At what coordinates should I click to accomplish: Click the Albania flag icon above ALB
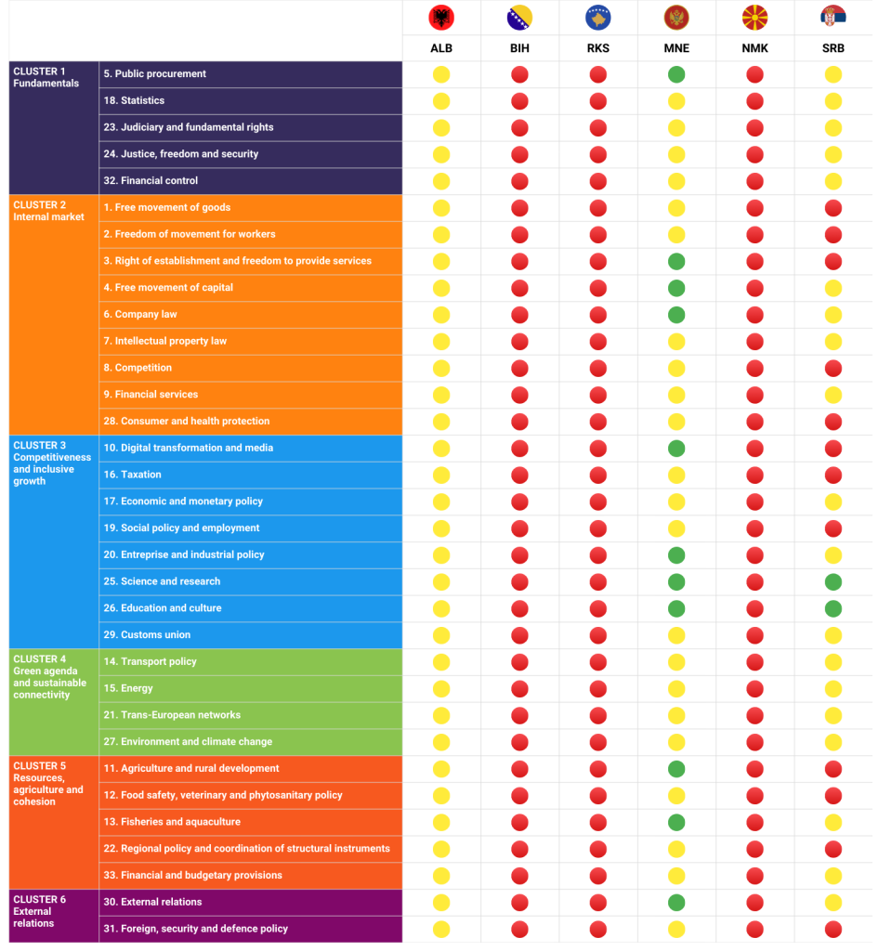point(441,18)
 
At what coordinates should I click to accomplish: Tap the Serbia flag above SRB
point(833,18)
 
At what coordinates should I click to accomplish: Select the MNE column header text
point(676,48)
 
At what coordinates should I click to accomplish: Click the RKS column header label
point(598,48)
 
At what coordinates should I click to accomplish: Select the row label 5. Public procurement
point(155,74)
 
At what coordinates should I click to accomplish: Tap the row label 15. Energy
point(128,688)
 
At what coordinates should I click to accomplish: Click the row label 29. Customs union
point(147,635)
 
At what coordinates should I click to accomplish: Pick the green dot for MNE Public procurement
point(676,74)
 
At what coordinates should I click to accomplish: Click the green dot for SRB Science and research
point(833,582)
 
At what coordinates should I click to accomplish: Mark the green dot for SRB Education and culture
point(833,608)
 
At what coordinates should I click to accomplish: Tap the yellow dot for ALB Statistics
point(441,101)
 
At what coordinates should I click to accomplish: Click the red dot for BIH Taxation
point(519,475)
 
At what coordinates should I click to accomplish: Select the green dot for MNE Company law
point(676,315)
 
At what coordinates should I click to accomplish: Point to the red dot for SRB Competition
point(833,369)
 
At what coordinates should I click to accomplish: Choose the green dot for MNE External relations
point(676,902)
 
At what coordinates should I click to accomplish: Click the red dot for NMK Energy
point(754,688)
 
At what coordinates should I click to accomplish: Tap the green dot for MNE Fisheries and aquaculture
point(676,822)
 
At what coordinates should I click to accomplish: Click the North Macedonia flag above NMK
point(754,18)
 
